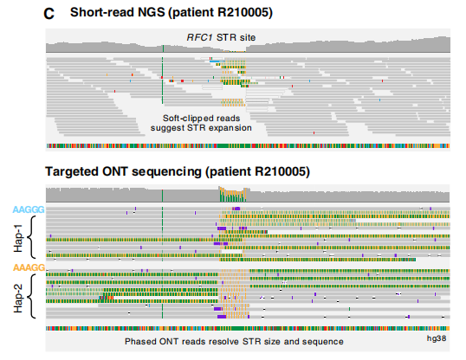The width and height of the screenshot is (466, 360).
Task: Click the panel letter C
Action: pyautogui.click(x=49, y=14)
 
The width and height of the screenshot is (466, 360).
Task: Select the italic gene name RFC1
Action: pyautogui.click(x=199, y=37)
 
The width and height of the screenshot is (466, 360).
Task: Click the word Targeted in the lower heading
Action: pyautogui.click(x=71, y=172)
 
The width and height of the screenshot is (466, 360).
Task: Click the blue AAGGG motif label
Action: pyautogui.click(x=29, y=209)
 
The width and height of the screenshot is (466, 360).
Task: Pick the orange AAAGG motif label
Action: pyautogui.click(x=29, y=267)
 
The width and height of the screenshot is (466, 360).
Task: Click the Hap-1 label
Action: pyautogui.click(x=18, y=238)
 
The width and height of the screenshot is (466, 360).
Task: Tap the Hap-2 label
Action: pyautogui.click(x=18, y=298)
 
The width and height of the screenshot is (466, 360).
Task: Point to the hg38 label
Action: pyautogui.click(x=437, y=338)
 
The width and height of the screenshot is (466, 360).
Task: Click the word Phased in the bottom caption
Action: pyautogui.click(x=140, y=342)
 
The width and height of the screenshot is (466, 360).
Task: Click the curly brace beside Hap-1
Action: pyautogui.click(x=29, y=237)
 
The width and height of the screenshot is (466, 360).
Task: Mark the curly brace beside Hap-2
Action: pyautogui.click(x=29, y=296)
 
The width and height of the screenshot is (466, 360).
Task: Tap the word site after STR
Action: pyautogui.click(x=248, y=37)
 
